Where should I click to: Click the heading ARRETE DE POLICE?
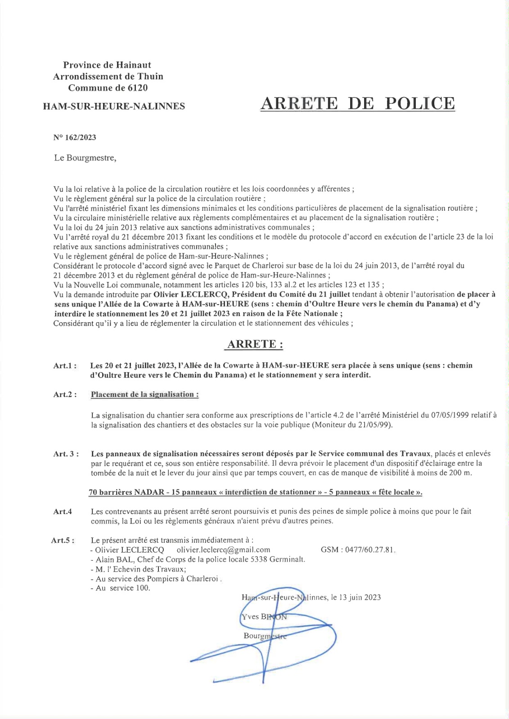pos(358,103)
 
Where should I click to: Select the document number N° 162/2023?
pos(75,138)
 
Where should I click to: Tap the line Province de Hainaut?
pos(107,65)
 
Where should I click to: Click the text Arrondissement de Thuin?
pos(108,76)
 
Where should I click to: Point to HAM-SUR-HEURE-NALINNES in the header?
pos(114,107)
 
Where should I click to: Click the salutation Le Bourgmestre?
pos(85,158)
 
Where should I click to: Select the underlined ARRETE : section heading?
pos(255,344)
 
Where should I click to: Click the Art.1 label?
pos(64,366)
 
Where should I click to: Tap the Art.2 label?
pos(64,395)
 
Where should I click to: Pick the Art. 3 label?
pos(66,454)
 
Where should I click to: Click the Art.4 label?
pos(63,511)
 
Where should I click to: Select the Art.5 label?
pos(63,541)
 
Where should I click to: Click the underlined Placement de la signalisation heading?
pos(144,395)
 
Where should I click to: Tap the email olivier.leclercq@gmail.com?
pos(223,550)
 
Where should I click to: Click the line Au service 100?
pos(122,588)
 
